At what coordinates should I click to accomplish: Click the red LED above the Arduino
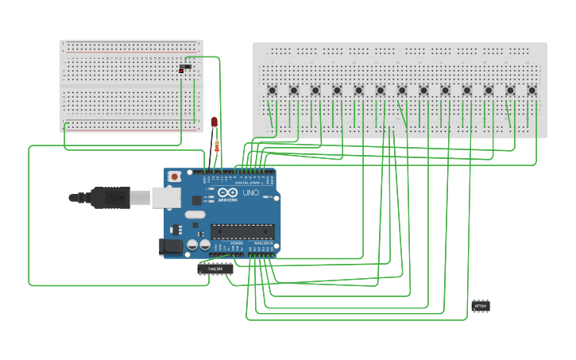click(x=214, y=122)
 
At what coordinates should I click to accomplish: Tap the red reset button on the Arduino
click(x=174, y=176)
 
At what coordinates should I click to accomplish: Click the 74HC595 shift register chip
click(x=215, y=269)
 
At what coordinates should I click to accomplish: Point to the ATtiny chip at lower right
click(x=480, y=305)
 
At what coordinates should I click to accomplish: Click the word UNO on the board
click(x=250, y=193)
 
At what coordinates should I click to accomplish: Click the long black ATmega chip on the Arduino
click(x=242, y=232)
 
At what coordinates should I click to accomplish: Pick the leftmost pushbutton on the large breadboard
click(x=272, y=91)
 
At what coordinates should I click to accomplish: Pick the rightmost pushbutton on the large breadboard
click(x=532, y=91)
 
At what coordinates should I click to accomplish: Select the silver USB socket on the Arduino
click(x=166, y=197)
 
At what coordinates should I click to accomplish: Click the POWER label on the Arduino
click(x=237, y=242)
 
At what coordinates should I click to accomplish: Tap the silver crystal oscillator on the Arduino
click(x=195, y=215)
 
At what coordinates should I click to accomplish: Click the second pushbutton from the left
click(x=293, y=91)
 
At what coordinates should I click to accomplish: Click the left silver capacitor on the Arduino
click(x=193, y=245)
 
